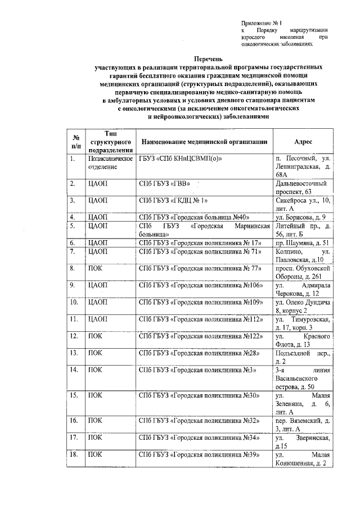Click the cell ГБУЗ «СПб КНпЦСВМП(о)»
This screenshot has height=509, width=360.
coord(181,159)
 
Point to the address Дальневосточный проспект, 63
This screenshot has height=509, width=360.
coord(300,188)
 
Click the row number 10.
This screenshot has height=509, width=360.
coord(74,302)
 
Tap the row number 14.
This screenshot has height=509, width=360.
coord(74,370)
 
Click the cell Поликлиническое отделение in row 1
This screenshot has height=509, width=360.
coord(109,163)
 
